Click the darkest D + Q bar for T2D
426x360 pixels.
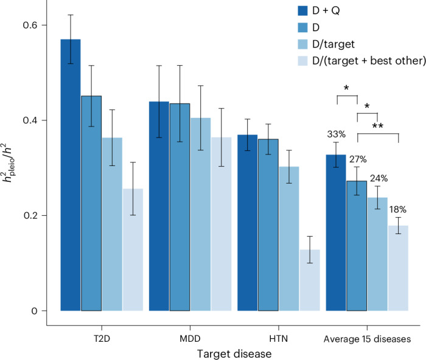point(71,175)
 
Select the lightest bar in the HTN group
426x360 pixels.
point(310,280)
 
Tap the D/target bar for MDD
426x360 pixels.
point(200,214)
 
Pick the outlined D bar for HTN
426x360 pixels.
point(268,225)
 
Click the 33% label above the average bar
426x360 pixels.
point(337,134)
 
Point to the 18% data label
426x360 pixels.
point(398,210)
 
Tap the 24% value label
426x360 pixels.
point(379,178)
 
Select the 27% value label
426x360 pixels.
point(358,159)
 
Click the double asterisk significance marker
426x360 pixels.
point(378,126)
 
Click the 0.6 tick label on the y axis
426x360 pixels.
point(30,25)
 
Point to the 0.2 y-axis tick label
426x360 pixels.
point(30,215)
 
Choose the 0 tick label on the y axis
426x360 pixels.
point(34,311)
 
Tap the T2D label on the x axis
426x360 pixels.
point(102,339)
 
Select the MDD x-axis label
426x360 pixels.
point(190,339)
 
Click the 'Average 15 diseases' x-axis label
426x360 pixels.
point(367,339)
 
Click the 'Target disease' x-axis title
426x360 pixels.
point(234,354)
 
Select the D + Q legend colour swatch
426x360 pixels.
point(302,10)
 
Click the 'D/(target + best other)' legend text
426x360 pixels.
point(369,61)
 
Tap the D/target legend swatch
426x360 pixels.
point(302,44)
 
